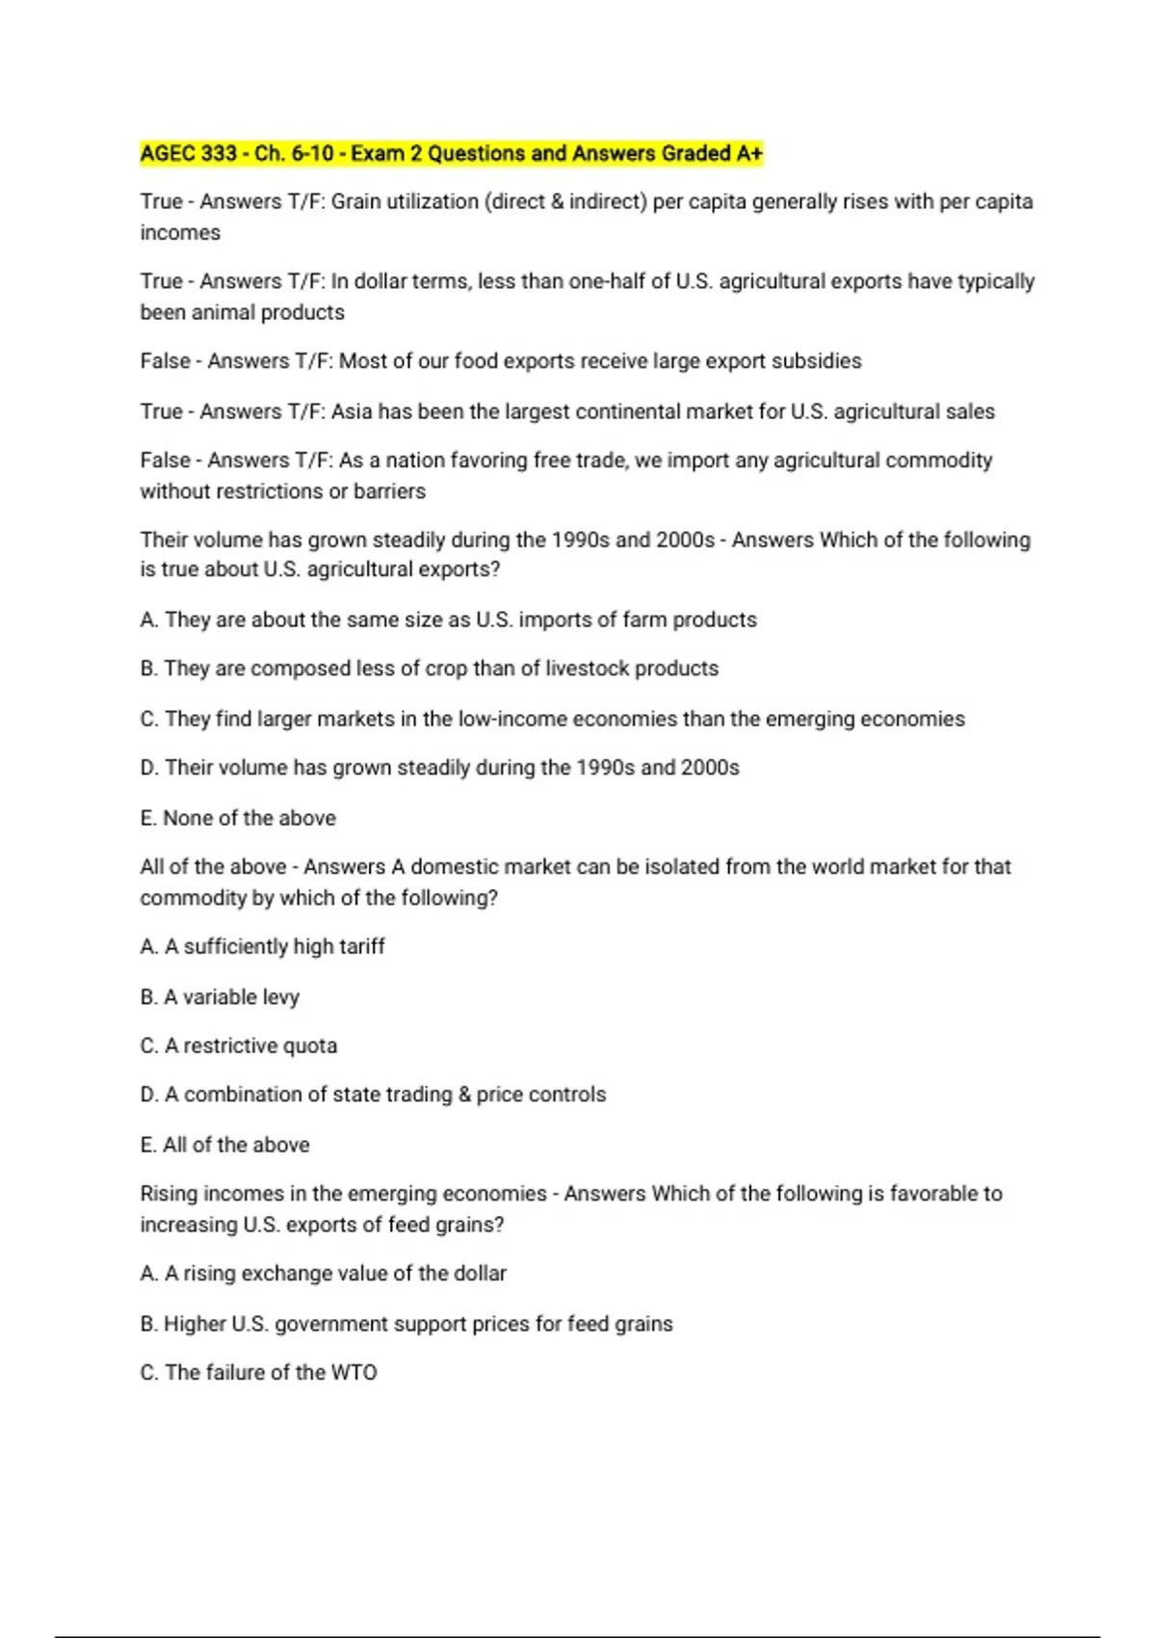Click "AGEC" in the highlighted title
[170, 154]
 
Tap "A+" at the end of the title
[749, 154]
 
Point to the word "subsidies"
[816, 361]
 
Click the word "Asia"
[352, 412]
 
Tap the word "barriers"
[389, 491]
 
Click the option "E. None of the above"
[238, 818]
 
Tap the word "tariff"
[361, 947]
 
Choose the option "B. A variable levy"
[220, 997]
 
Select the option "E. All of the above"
[224, 1146]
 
